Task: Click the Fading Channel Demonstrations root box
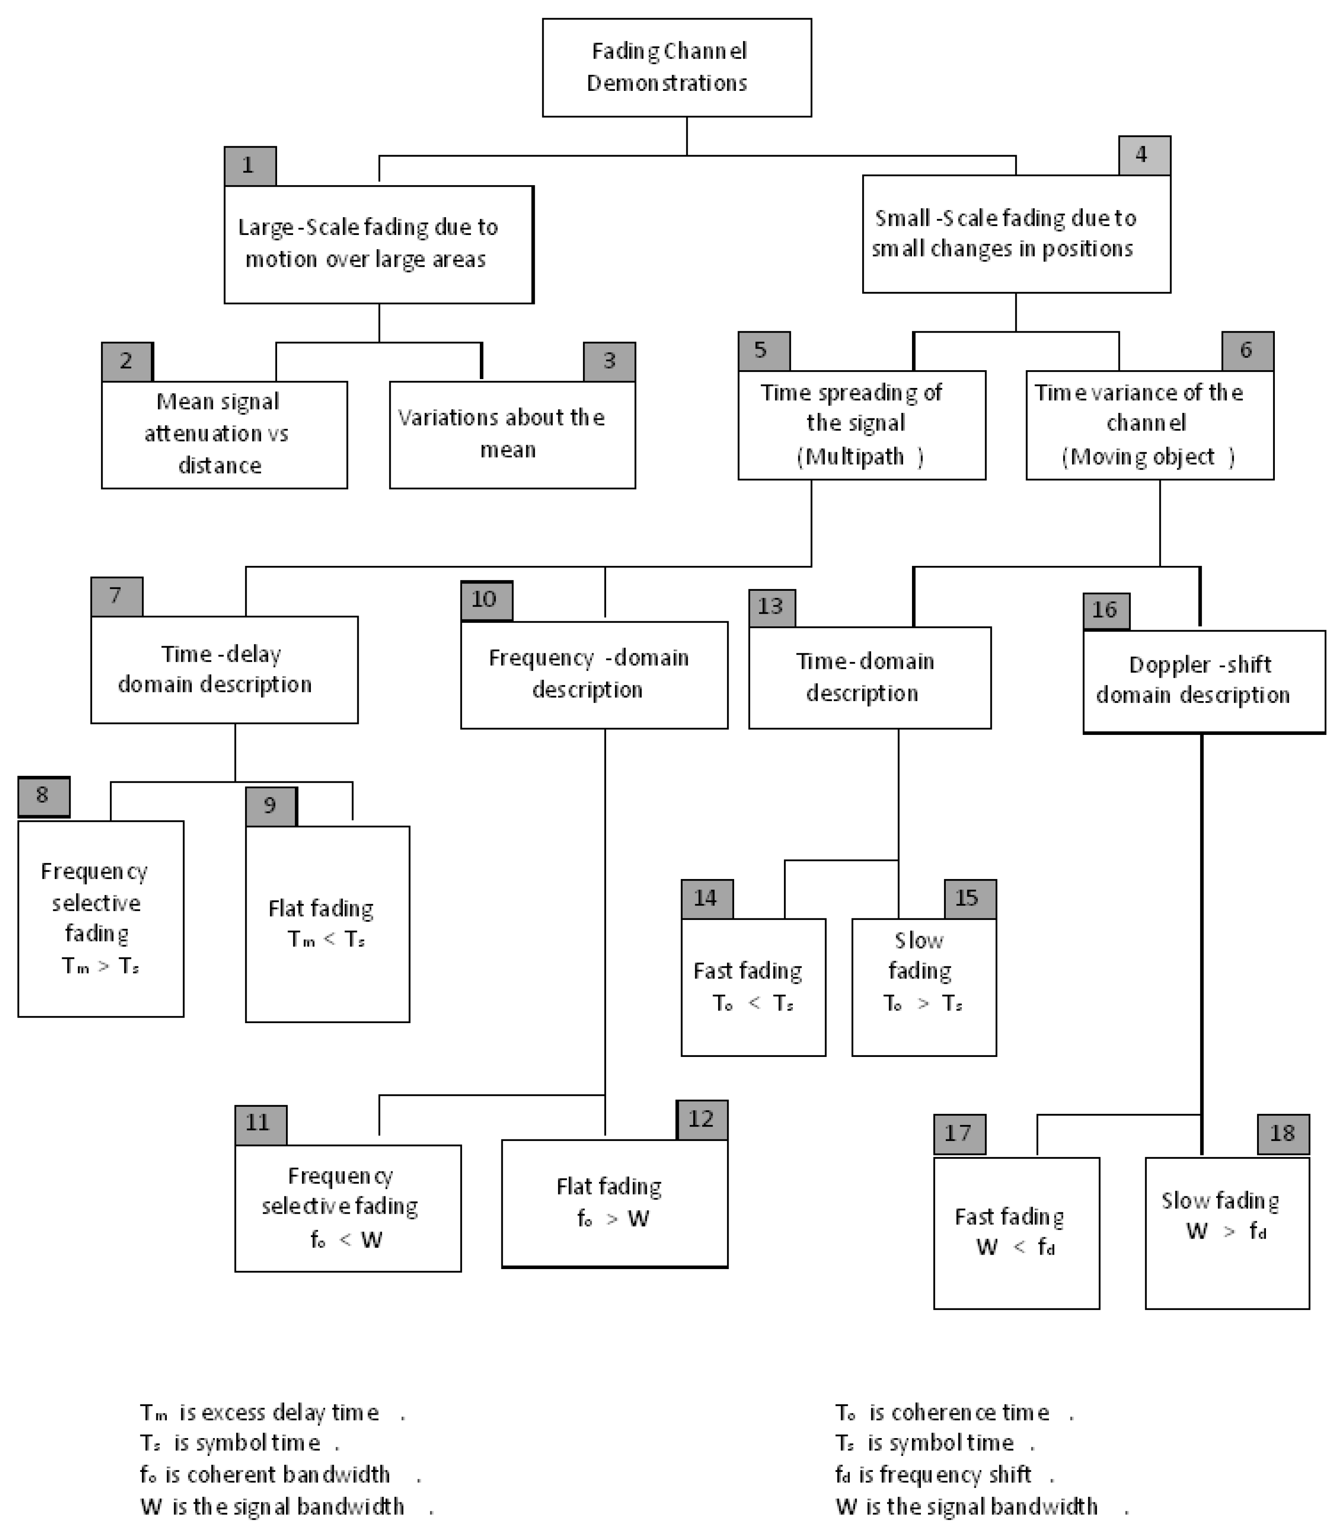[676, 68]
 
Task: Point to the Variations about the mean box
[512, 434]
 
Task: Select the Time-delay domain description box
[224, 670]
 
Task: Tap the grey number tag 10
[486, 600]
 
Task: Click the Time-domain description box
[869, 677]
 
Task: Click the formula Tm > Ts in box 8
[101, 966]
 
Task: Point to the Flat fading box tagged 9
[327, 923]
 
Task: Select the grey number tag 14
[706, 899]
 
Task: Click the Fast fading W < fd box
[1016, 1233]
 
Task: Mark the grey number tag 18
[1283, 1134]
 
